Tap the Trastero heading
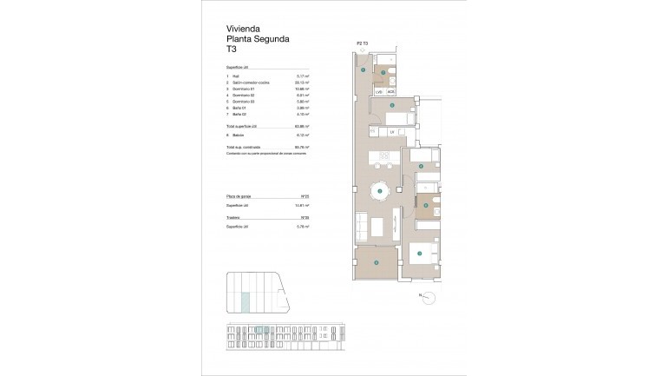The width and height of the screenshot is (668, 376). [x=233, y=218]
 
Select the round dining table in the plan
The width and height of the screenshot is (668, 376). [x=379, y=190]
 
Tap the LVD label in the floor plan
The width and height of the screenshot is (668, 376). [x=379, y=90]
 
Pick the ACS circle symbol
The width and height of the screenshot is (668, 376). [x=391, y=90]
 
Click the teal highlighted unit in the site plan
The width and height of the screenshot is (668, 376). [x=245, y=301]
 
